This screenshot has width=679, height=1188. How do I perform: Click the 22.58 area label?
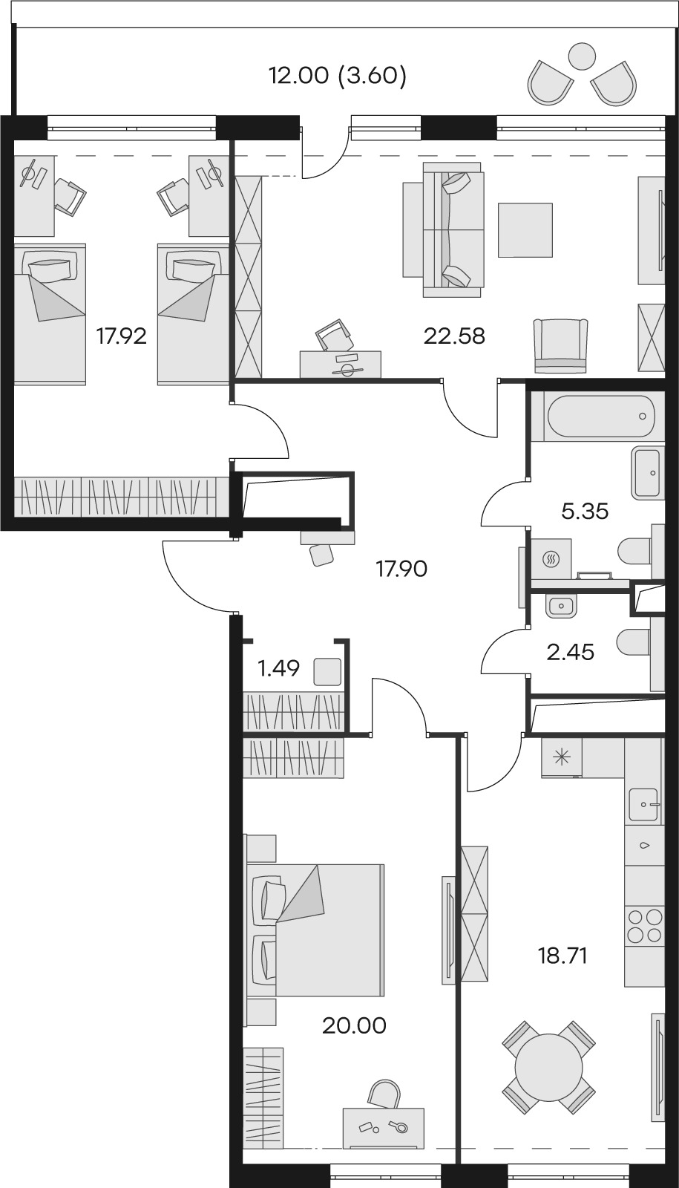pos(454,336)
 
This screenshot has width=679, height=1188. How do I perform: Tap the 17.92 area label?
pos(121,336)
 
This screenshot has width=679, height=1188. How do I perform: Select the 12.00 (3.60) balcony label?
pos(338,76)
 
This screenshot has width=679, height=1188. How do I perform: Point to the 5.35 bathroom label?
pos(585,511)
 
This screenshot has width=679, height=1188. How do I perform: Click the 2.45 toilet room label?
pos(570,653)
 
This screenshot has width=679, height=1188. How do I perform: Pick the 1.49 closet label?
pos(278,669)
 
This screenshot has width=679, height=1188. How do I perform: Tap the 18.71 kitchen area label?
pos(562,956)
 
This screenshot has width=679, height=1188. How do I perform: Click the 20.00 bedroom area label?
pos(354,1025)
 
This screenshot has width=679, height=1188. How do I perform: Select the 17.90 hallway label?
pos(401,569)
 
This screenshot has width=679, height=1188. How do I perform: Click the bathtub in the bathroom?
pos(601,417)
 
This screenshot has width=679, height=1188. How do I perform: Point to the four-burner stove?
pos(644,925)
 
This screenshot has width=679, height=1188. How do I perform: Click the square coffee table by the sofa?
pos(525,229)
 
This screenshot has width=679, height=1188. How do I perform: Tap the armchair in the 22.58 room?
pos(561,345)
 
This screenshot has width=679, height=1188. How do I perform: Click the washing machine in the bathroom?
pos(551,559)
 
